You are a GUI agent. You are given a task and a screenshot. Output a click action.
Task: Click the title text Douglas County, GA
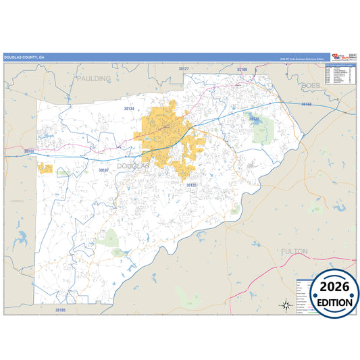tap(24, 57)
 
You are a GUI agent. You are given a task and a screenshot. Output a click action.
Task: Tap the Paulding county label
tap(93, 78)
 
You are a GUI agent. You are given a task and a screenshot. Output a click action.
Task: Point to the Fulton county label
tap(294, 251)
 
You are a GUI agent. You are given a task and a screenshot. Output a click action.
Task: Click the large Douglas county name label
tap(133, 165)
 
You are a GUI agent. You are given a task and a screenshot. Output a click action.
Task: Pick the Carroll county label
tap(17, 201)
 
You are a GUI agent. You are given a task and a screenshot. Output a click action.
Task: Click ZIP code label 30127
tap(184, 69)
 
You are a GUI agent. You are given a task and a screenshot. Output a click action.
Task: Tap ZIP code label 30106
tap(242, 69)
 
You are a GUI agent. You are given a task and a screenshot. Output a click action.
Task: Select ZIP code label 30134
tap(129, 108)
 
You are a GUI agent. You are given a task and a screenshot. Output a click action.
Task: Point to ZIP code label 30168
tap(307, 104)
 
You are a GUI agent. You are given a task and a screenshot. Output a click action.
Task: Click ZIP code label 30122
tap(254, 119)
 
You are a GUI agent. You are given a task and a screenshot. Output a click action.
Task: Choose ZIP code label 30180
tap(28, 150)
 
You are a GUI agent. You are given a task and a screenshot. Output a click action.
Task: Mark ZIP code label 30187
tap(103, 170)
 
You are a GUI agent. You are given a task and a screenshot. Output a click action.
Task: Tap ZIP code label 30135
tap(191, 184)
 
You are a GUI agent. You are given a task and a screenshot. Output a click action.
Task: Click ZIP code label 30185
tap(61, 309)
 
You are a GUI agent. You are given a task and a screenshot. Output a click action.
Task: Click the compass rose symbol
tap(286, 305)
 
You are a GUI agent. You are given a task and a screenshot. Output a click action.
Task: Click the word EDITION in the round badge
tap(334, 302)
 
